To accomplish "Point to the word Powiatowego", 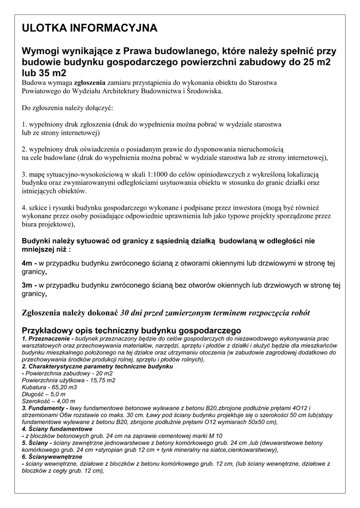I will click(43, 91).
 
